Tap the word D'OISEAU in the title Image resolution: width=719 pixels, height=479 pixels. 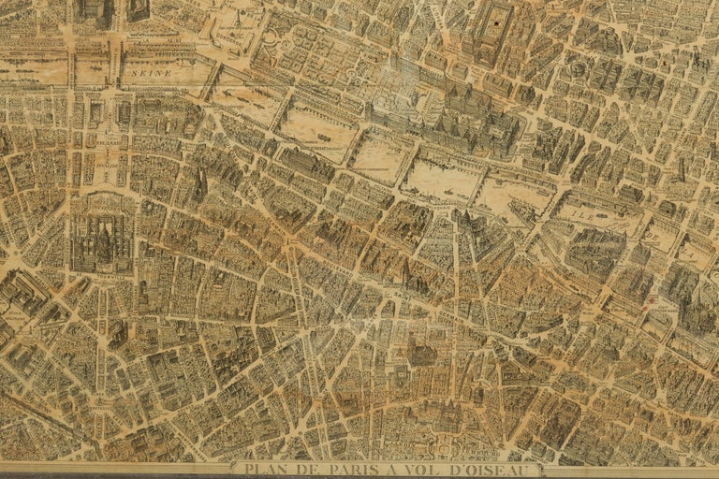pyautogui.click(x=488, y=469)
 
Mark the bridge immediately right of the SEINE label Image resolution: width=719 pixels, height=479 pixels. pyautogui.click(x=212, y=74)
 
